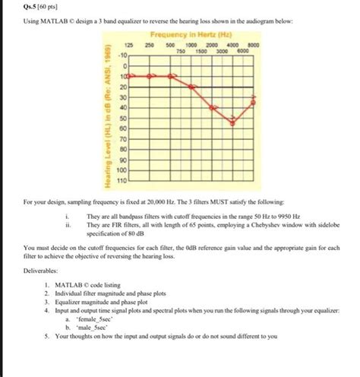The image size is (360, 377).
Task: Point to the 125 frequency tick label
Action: pyautogui.click(x=129, y=46)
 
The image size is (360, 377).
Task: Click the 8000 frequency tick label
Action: pyautogui.click(x=254, y=46)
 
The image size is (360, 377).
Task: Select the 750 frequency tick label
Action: pyautogui.click(x=181, y=52)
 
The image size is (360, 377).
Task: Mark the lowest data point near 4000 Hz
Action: pyautogui.click(x=233, y=123)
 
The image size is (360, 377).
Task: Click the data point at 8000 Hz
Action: pyautogui.click(x=254, y=100)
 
